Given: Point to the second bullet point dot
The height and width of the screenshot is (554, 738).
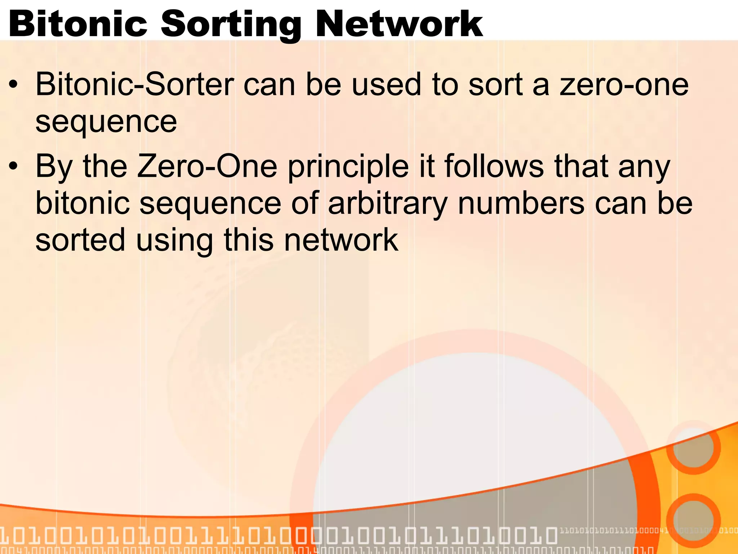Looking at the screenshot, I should pyautogui.click(x=13, y=167).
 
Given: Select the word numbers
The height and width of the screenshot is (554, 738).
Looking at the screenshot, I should pyautogui.click(x=521, y=204).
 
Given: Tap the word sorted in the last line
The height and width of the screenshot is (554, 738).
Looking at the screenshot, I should pyautogui.click(x=80, y=240).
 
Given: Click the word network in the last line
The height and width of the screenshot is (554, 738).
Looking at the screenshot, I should pyautogui.click(x=341, y=240).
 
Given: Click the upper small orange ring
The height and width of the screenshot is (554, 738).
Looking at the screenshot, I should pyautogui.click(x=693, y=447).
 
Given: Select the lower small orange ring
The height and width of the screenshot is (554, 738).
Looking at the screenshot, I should pyautogui.click(x=693, y=520).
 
